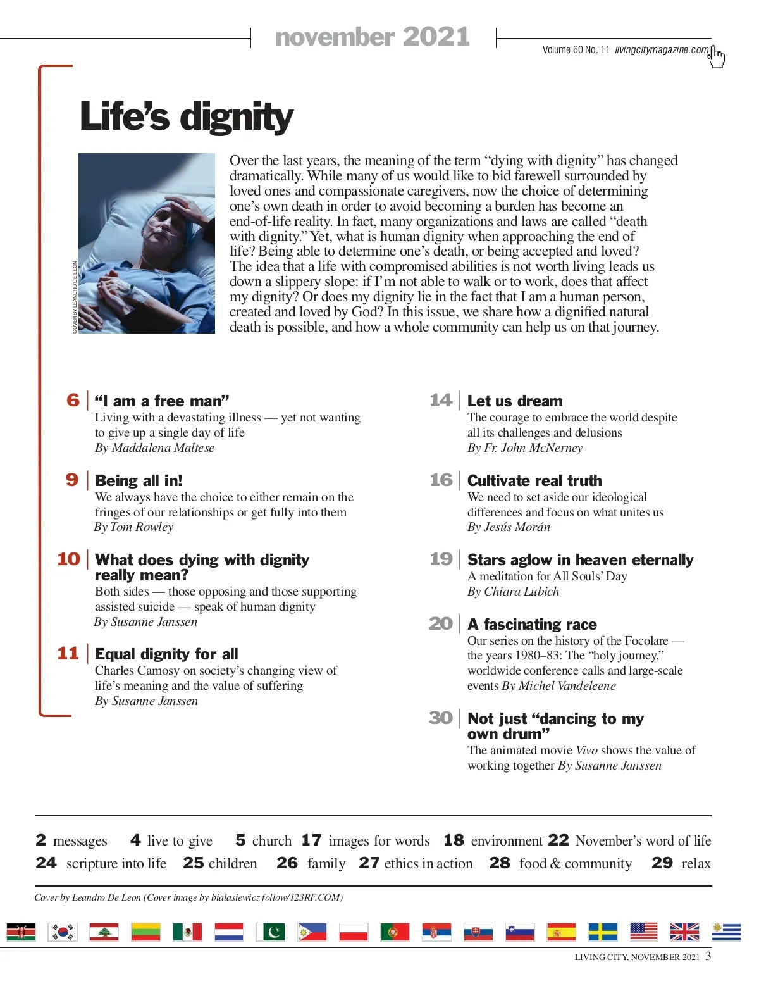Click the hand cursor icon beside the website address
717,56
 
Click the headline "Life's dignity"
187,117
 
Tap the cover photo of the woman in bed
147,243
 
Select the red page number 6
73,400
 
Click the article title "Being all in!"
139,480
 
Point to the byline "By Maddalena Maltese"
154,448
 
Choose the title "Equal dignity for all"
166,654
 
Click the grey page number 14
441,400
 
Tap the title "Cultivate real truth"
534,480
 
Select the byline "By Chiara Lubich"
513,592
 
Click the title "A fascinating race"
532,625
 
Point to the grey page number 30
440,718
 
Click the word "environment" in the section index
507,840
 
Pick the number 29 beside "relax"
662,863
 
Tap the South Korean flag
63,932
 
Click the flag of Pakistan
270,932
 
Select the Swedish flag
603,932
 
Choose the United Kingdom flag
684,932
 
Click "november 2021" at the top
373,37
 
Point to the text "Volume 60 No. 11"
576,50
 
